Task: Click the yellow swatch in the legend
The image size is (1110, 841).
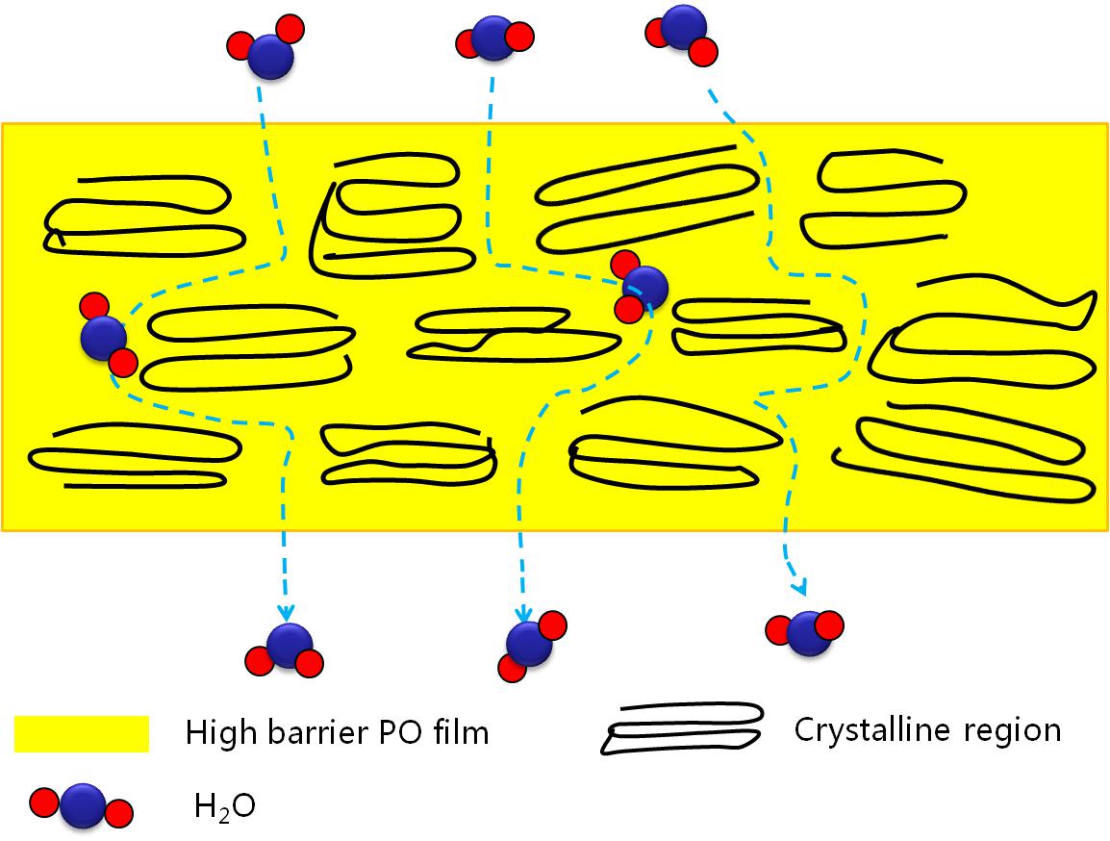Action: pyautogui.click(x=82, y=733)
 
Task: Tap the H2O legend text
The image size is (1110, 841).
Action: pyautogui.click(x=225, y=805)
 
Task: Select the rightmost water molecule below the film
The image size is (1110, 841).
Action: pyautogui.click(x=807, y=631)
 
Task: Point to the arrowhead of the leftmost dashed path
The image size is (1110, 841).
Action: pyautogui.click(x=286, y=613)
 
